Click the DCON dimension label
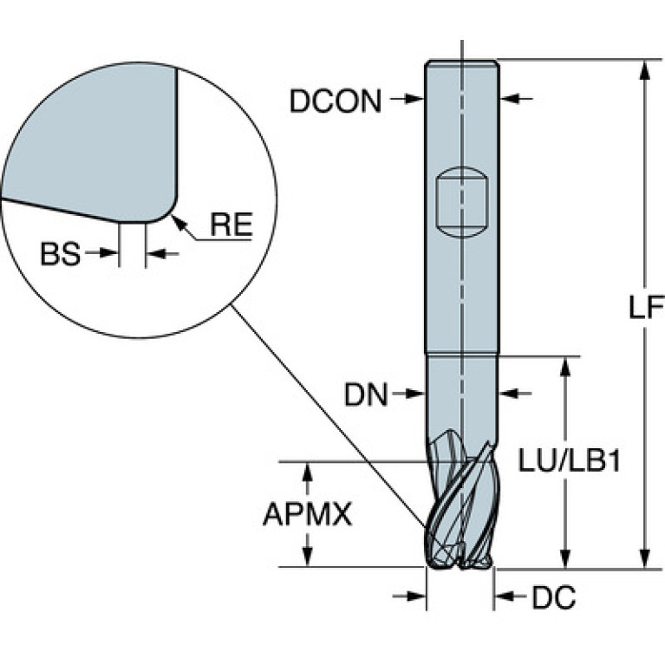pos(335,101)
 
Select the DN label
pos(366,394)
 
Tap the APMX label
pos(308,514)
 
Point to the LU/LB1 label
pos(570,461)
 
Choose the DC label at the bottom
pos(554,597)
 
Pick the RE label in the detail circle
pos(231,225)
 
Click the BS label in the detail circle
pos(60,254)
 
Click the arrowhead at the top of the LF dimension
pos(645,69)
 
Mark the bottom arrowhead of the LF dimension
pos(645,558)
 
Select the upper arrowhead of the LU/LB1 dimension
pos(564,367)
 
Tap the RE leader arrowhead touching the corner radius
pos(178,222)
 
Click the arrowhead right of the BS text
pos(108,253)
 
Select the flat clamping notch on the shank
pos(462,202)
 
